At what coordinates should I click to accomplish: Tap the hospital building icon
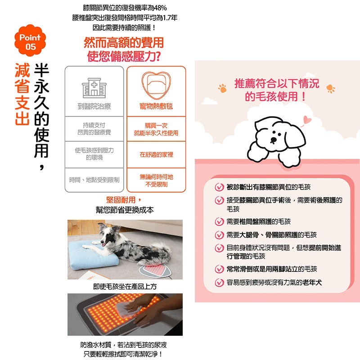(x=94, y=86)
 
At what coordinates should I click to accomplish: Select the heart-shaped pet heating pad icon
(x=156, y=86)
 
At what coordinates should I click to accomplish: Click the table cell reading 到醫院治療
(x=94, y=107)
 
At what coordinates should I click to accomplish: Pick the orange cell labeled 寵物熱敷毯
(x=156, y=107)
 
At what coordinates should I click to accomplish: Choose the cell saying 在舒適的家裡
(x=156, y=154)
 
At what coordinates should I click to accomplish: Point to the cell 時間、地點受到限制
(x=94, y=180)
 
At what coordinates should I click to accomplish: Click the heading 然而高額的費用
(x=124, y=43)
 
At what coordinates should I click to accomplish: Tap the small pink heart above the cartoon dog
(x=307, y=120)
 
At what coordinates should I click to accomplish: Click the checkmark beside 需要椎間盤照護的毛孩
(x=219, y=222)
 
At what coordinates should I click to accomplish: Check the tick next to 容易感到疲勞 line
(x=219, y=283)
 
